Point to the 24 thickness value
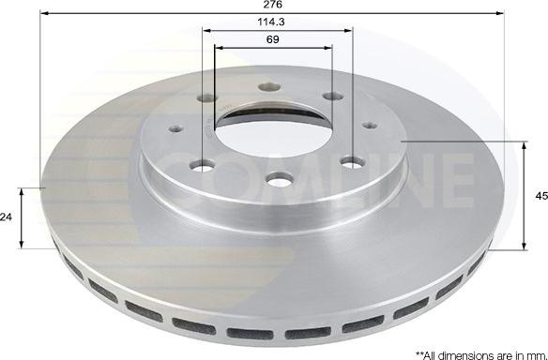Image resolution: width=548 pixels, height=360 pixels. coord(7,217)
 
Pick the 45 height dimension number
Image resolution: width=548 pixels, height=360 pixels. coord(540,197)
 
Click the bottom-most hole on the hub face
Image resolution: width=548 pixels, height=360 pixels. coord(277,178)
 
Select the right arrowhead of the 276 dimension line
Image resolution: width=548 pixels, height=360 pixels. coord(505,13)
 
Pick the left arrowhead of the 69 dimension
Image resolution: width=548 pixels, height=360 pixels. coord(219,50)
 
